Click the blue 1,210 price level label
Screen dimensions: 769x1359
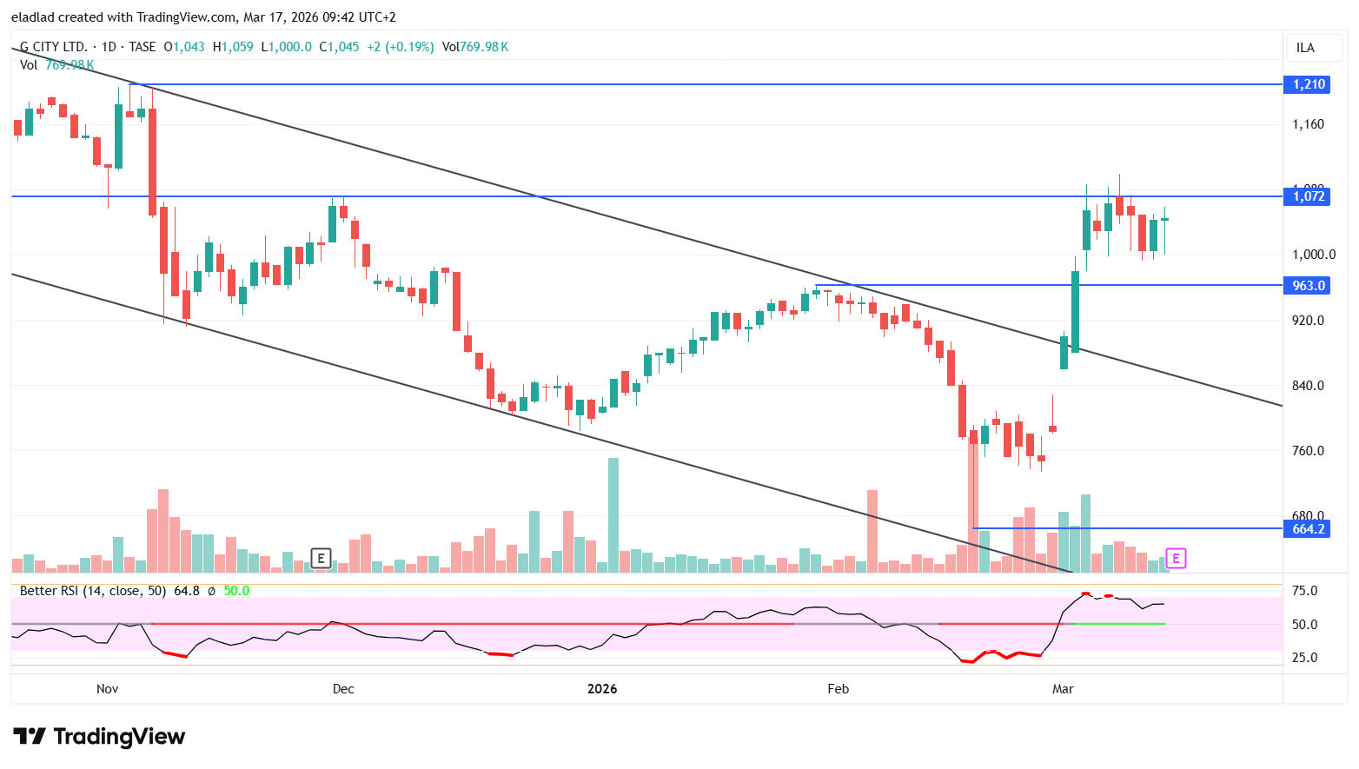coord(1308,84)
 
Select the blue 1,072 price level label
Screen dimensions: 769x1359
coord(1308,196)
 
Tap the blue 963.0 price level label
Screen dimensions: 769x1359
coord(1308,286)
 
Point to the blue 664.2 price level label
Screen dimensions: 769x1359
coord(1308,529)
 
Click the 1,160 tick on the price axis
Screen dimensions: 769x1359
coord(1308,124)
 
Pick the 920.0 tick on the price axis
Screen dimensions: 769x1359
coord(1308,321)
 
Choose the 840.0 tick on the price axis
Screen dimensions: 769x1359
coord(1308,386)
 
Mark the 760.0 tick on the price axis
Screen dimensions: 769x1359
coord(1308,451)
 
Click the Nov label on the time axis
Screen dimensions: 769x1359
coord(107,689)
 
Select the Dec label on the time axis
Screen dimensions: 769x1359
coord(343,689)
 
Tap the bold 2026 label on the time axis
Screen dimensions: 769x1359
coord(602,689)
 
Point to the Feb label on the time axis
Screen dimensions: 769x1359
coord(838,689)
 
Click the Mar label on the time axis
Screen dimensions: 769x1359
coord(1063,689)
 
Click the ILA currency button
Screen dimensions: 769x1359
coord(1305,48)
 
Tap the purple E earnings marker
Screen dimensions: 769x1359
coord(1176,559)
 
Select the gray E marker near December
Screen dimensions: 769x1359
coord(321,559)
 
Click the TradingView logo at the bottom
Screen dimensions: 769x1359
coord(99,737)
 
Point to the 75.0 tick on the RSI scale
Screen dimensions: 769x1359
coord(1304,591)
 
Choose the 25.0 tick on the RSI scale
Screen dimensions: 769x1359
coord(1304,658)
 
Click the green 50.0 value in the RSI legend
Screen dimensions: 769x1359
coord(236,591)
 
